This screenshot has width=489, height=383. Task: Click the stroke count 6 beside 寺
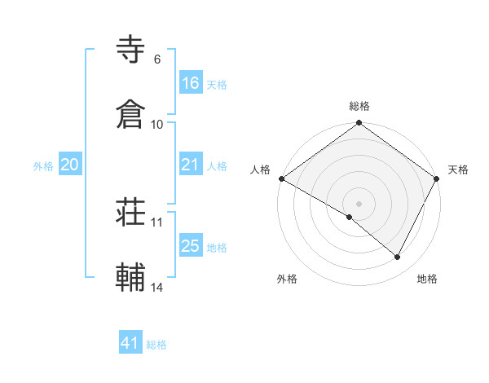pyautogui.click(x=156, y=59)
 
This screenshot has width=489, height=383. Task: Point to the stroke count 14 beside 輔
pyautogui.click(x=157, y=287)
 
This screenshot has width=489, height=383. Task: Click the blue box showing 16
pyautogui.click(x=191, y=83)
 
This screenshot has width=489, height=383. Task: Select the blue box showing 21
pyautogui.click(x=191, y=165)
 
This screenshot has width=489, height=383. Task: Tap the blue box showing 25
pyautogui.click(x=191, y=246)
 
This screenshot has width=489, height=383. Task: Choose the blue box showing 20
pyautogui.click(x=70, y=165)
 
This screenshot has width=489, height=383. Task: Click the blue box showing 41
pyautogui.click(x=130, y=343)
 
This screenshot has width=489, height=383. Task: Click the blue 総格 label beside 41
pyautogui.click(x=156, y=345)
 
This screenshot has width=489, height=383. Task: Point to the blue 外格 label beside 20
pyautogui.click(x=43, y=166)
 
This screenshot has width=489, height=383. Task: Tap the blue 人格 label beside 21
pyautogui.click(x=217, y=166)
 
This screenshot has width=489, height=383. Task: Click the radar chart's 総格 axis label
pyautogui.click(x=359, y=106)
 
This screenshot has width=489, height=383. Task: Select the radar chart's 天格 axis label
pyautogui.click(x=458, y=169)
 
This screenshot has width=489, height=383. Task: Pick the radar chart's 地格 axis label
pyautogui.click(x=427, y=280)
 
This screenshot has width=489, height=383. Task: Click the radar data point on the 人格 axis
pyautogui.click(x=281, y=178)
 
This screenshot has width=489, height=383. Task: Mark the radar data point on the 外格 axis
pyautogui.click(x=350, y=217)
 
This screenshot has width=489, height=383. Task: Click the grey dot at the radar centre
pyautogui.click(x=359, y=203)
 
